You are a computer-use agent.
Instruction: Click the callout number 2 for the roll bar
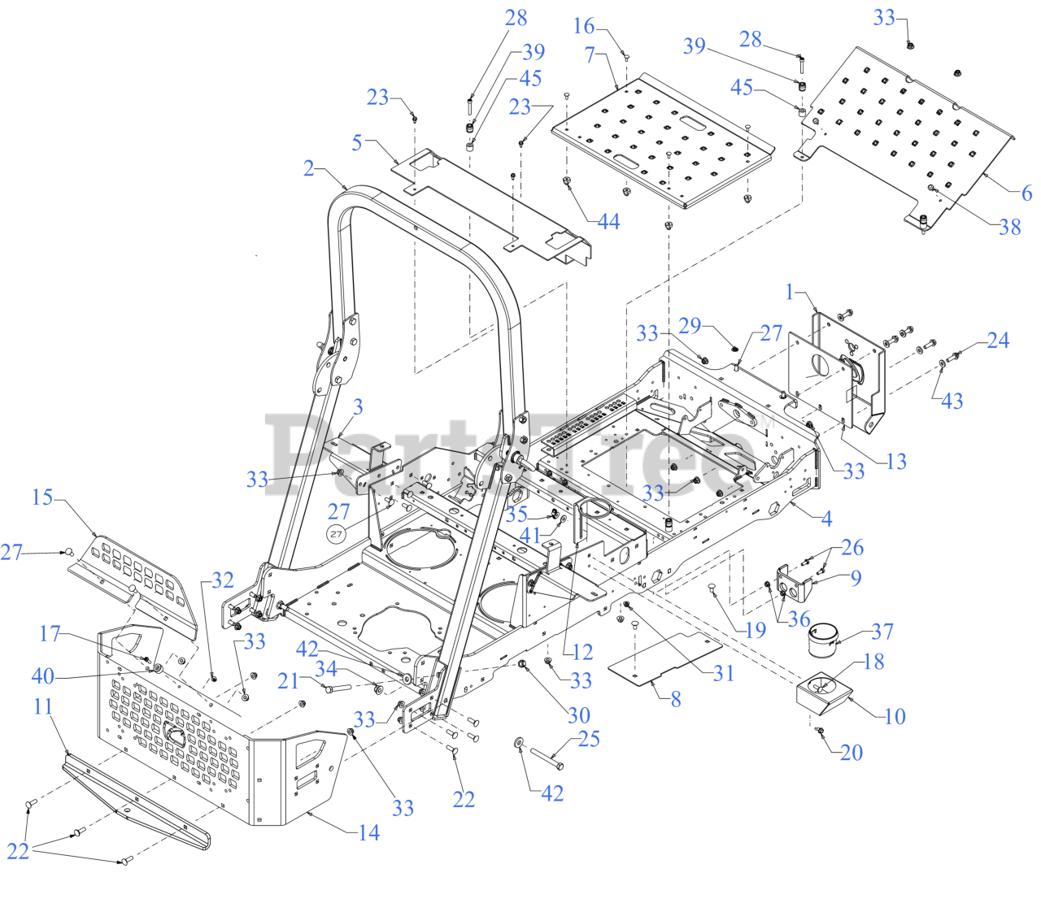[x=308, y=168]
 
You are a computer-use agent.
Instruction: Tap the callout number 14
[x=368, y=832]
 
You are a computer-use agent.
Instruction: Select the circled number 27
[x=336, y=534]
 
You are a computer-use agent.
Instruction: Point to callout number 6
[x=1026, y=193]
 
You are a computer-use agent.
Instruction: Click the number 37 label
[x=882, y=632]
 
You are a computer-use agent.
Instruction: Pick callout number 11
[x=43, y=706]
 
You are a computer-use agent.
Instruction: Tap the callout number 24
[x=998, y=341]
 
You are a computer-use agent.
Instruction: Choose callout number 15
[x=42, y=497]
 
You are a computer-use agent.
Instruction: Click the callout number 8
[x=676, y=699]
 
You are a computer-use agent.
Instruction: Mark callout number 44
[x=608, y=222]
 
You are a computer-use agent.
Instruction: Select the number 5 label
[x=357, y=143]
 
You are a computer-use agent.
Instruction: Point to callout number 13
[x=896, y=462]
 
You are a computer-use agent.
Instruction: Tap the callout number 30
[x=578, y=715]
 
